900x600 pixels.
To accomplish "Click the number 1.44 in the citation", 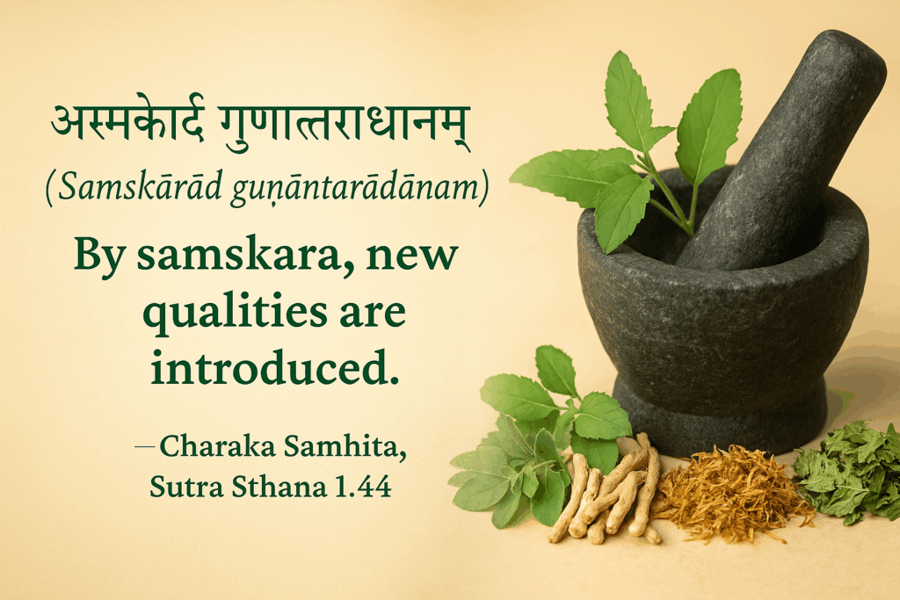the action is [363, 487].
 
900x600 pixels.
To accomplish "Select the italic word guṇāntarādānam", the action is [355, 189].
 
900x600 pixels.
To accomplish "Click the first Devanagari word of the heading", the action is [127, 123].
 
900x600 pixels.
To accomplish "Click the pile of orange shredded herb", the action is [731, 493].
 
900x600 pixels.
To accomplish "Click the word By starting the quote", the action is [100, 257].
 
